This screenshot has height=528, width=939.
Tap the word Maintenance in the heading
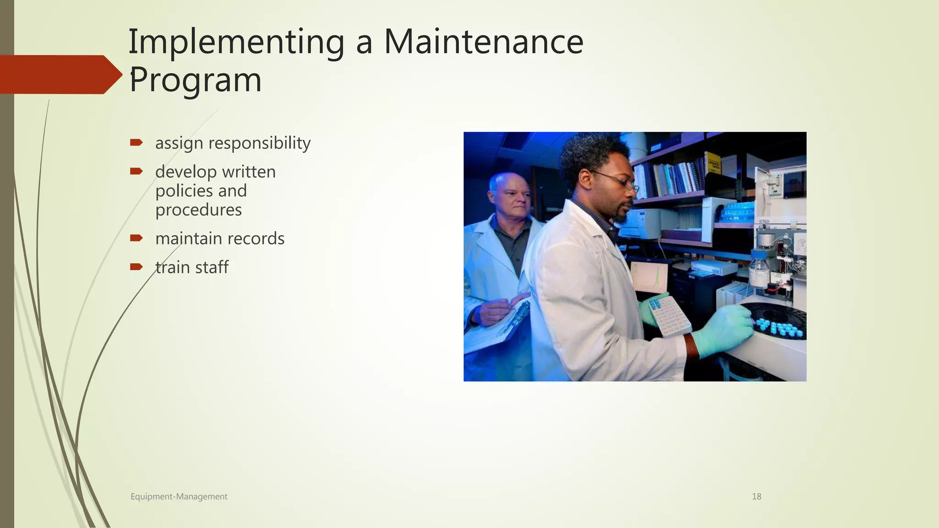483,42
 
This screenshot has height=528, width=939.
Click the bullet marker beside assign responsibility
136,143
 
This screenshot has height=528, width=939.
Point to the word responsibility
259,143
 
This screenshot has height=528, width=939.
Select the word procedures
198,210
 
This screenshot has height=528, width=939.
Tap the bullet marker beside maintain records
136,238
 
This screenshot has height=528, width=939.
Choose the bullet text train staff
192,267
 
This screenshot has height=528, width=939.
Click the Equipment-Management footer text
179,496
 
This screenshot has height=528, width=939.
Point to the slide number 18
757,496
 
